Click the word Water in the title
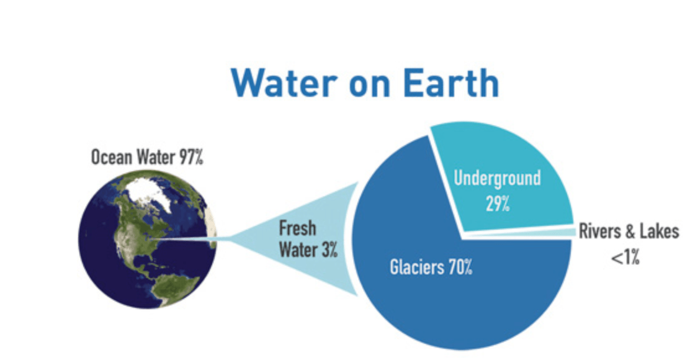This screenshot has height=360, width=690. [x=284, y=83]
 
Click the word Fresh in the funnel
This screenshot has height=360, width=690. [x=297, y=228]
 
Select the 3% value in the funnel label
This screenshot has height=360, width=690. [x=329, y=250]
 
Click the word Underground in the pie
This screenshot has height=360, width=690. [x=497, y=178]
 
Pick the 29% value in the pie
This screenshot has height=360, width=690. [x=498, y=204]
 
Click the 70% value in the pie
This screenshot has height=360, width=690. [x=460, y=267]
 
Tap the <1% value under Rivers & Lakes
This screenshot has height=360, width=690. [x=625, y=257]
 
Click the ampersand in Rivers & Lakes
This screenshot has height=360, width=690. [x=628, y=232]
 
